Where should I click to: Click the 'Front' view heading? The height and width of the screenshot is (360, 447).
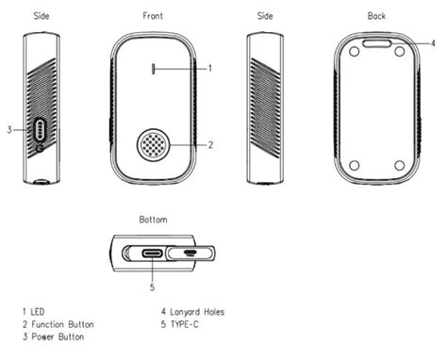click(x=153, y=16)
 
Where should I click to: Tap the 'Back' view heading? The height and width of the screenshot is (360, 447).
click(x=376, y=16)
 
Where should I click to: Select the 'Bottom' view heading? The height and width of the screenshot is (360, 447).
click(x=153, y=220)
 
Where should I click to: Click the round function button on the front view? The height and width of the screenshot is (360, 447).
click(x=154, y=145)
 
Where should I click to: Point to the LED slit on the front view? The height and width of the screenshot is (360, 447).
click(x=154, y=69)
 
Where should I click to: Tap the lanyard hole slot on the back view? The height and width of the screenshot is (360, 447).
click(x=377, y=43)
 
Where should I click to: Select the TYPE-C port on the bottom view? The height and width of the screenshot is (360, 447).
click(x=153, y=253)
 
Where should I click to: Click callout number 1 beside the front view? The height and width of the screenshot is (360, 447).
click(x=210, y=68)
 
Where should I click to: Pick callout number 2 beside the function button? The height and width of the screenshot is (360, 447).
click(x=210, y=145)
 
